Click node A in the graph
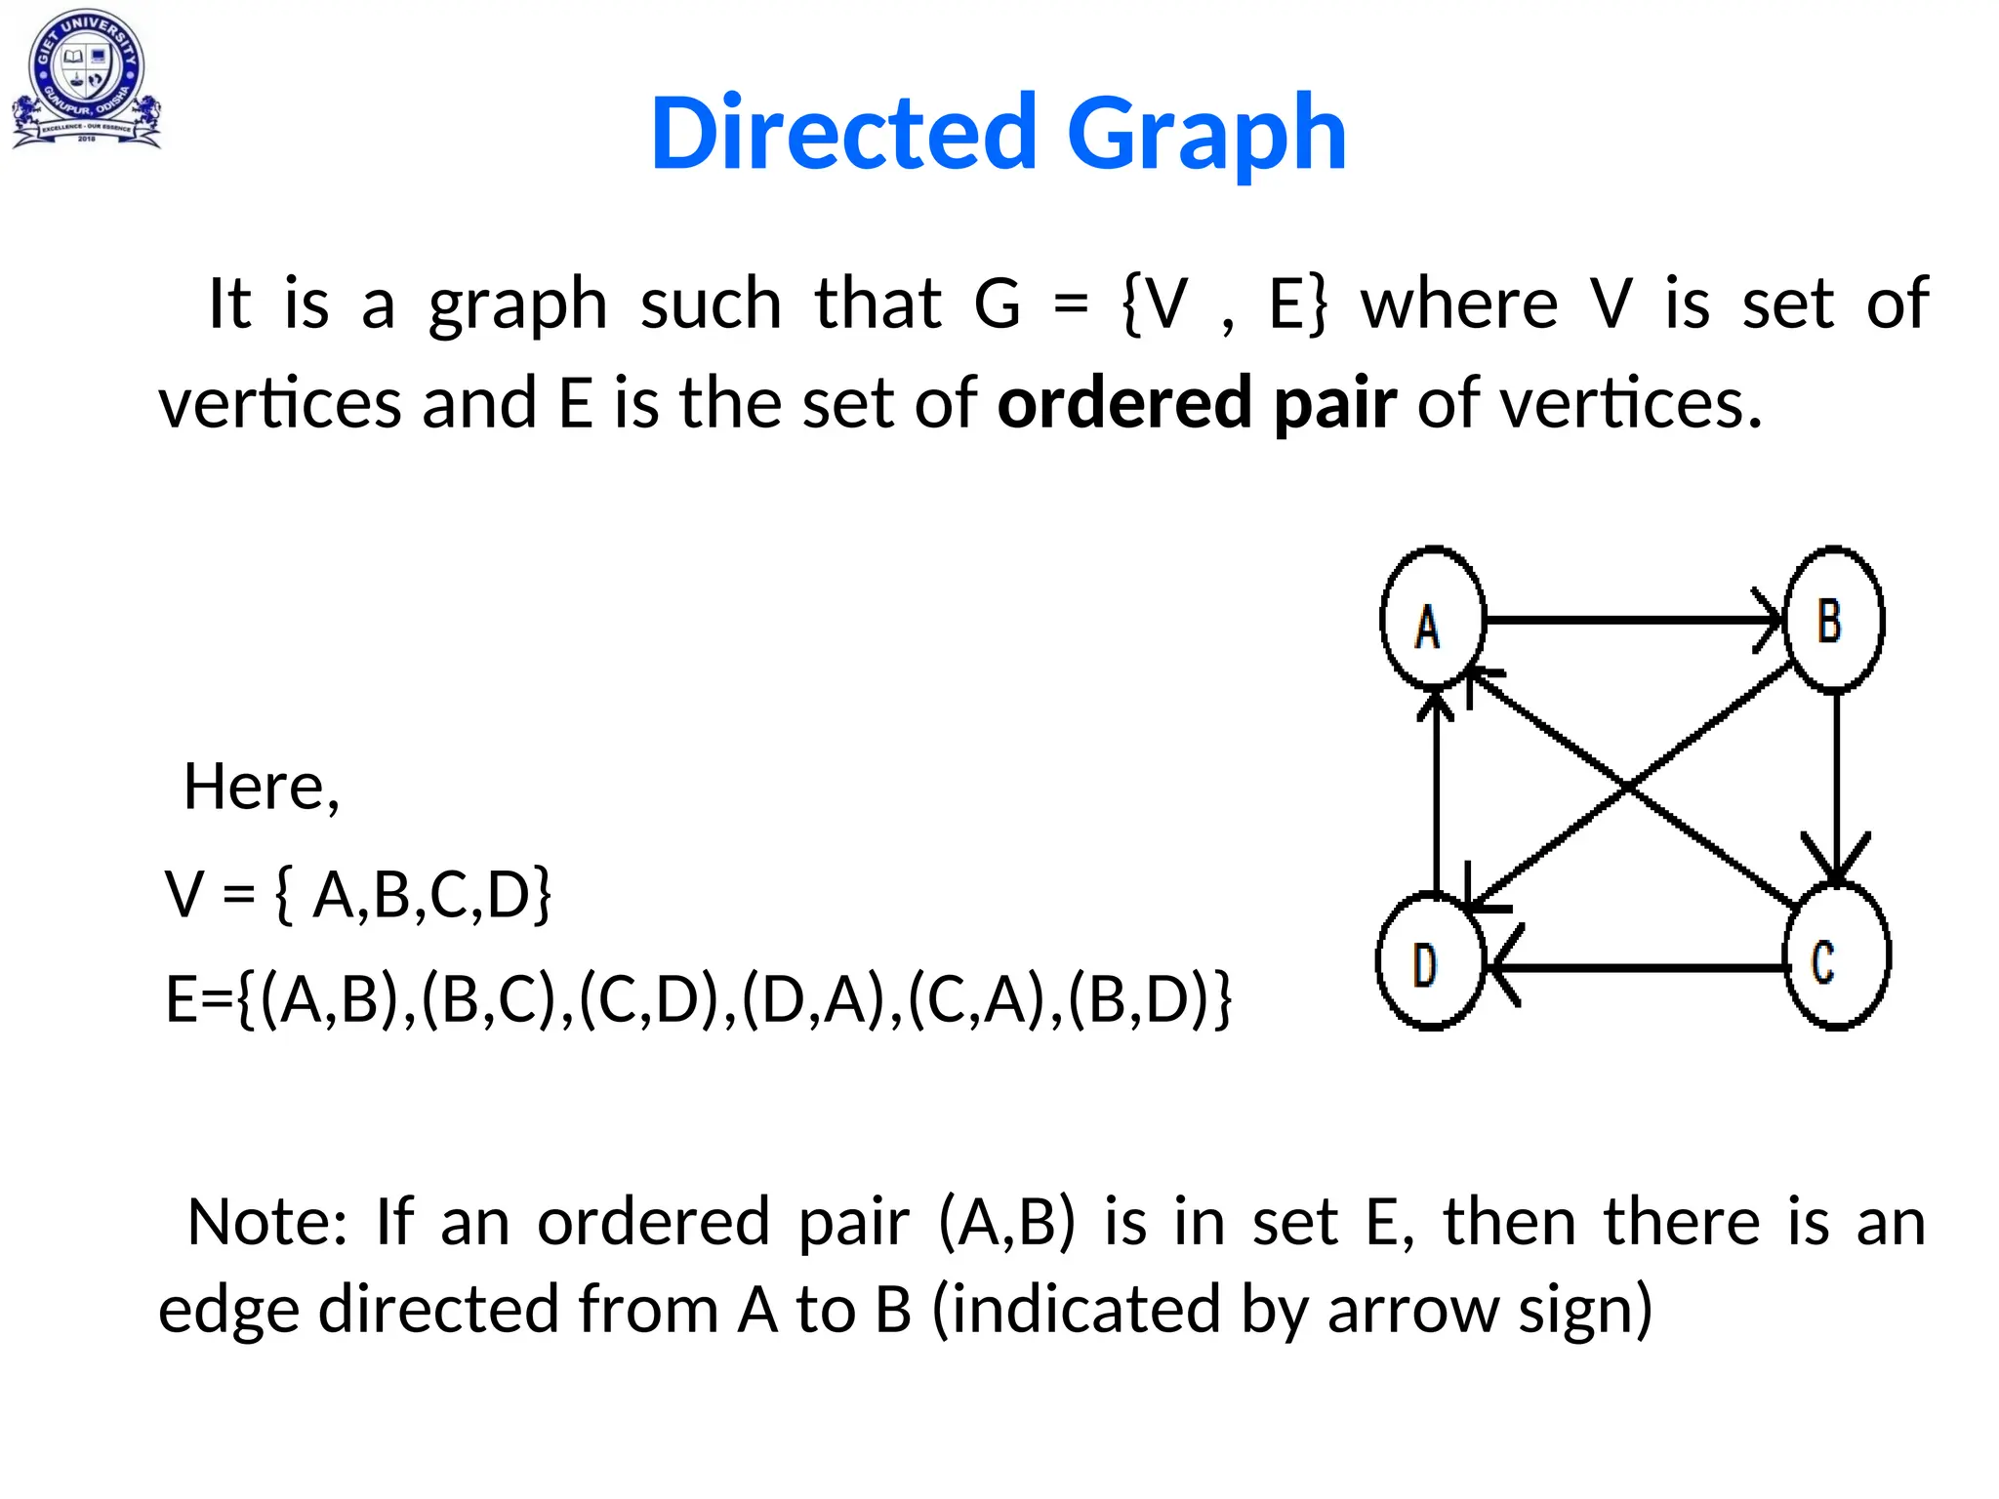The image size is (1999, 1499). coord(1432,618)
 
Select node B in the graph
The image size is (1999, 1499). coord(1833,620)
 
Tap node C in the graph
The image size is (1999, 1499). coord(1836,956)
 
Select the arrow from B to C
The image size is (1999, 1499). coord(1836,781)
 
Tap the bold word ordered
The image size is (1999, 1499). coord(1123,402)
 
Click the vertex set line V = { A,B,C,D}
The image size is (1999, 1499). coord(358,894)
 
